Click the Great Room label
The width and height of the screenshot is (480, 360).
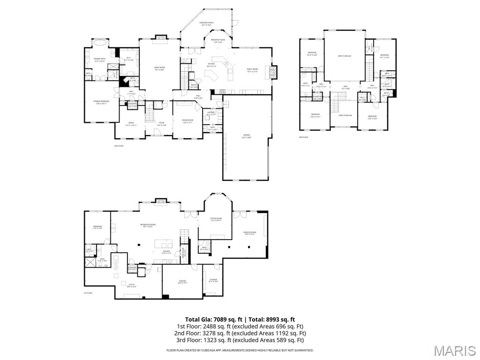click(159, 68)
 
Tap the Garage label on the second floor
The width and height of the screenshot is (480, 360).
click(247, 137)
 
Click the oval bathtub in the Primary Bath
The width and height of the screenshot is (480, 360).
click(100, 43)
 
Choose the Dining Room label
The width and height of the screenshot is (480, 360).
click(187, 121)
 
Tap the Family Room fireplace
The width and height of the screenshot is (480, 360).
click(272, 71)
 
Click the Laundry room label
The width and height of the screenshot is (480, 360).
click(211, 112)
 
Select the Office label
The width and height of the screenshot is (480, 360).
click(131, 124)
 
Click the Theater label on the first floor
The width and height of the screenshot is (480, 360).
click(182, 282)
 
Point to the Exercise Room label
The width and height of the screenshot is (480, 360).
click(250, 233)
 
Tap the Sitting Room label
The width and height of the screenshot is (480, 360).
click(216, 219)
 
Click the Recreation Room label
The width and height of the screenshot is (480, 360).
click(148, 225)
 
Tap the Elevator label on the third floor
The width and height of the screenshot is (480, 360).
click(317, 97)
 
